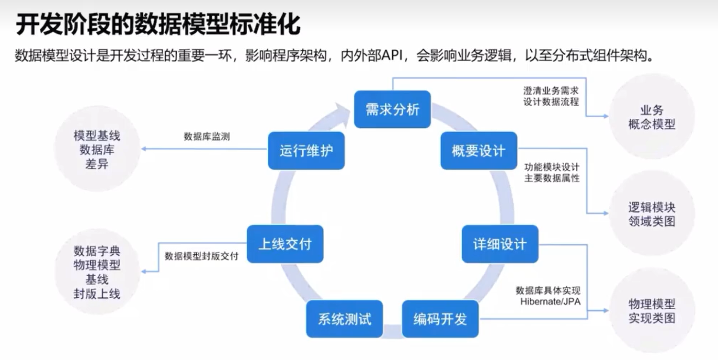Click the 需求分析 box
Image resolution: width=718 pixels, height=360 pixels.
[392, 110]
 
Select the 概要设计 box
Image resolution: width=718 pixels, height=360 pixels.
[479, 151]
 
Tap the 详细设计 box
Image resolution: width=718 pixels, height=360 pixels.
[500, 244]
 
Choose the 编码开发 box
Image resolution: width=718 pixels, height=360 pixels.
[440, 319]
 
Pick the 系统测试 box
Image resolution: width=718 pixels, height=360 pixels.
[344, 319]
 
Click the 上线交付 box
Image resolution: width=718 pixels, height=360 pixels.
[285, 244]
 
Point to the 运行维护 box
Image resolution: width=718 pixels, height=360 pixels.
[306, 151]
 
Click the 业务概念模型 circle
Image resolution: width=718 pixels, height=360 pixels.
[651, 117]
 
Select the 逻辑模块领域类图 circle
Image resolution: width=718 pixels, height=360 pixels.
[651, 214]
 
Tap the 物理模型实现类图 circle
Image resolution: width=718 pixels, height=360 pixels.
[651, 311]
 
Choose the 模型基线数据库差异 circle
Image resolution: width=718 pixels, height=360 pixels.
[97, 150]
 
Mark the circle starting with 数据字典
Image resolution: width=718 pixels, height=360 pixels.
[97, 272]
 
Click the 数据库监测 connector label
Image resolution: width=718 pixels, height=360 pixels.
[206, 136]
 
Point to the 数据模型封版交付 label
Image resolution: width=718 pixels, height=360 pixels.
[201, 256]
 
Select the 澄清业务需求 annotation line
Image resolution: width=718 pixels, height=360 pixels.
[551, 90]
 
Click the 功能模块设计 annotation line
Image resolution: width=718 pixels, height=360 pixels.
[551, 168]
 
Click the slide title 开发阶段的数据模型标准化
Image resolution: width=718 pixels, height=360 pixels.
[158, 24]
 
